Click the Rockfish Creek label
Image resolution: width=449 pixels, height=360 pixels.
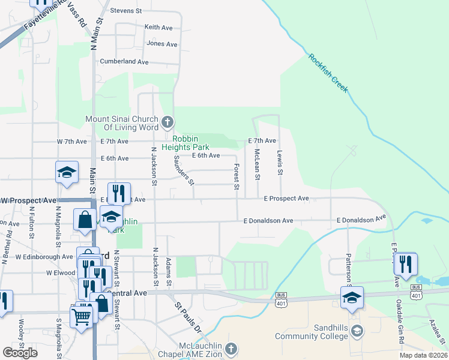(328, 73)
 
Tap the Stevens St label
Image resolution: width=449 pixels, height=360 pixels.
(126, 11)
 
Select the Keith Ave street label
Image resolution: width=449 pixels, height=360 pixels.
(158, 28)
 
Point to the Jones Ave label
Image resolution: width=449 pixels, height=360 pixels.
(162, 44)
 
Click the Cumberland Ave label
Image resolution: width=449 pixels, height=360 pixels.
(124, 62)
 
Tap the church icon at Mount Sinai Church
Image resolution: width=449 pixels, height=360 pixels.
(167, 123)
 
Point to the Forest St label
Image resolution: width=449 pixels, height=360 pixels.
(237, 177)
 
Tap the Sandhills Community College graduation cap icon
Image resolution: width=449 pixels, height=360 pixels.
(357, 331)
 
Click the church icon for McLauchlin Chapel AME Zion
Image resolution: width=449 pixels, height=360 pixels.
(232, 349)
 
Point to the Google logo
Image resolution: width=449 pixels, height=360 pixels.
(20, 353)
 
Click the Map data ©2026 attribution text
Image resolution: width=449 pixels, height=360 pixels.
(423, 355)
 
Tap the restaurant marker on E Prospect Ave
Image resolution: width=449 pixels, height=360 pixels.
(119, 193)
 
